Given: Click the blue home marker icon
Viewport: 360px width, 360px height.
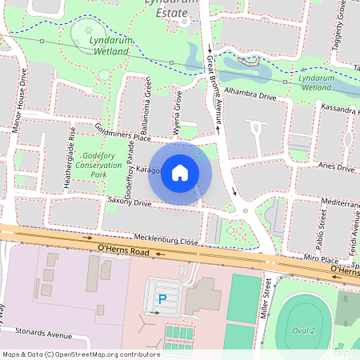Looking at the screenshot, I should [180, 173].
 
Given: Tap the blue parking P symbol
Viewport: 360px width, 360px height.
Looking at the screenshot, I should [162, 299].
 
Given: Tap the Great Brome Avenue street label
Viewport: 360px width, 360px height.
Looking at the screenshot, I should [214, 88].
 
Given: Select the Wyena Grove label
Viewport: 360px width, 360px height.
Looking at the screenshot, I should [178, 116].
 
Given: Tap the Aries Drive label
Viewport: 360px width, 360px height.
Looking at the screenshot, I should [335, 168].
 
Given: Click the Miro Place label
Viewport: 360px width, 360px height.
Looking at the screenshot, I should [322, 260].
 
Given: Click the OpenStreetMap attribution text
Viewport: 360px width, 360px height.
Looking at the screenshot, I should [81, 354].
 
